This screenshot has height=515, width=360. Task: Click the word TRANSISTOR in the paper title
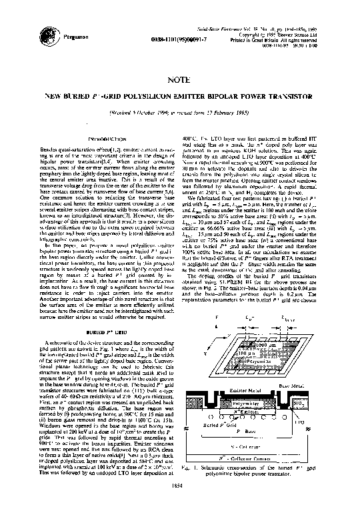pyautogui.click(x=292, y=96)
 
